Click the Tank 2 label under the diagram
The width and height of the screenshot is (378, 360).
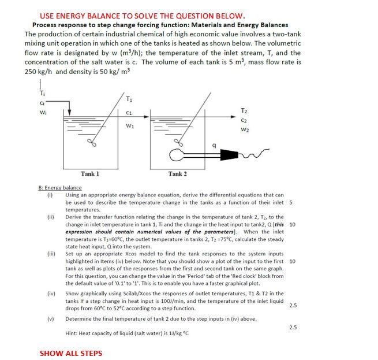coord(177,173)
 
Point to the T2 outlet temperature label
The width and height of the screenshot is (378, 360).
coord(244,110)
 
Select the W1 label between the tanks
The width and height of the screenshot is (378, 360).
coord(130,125)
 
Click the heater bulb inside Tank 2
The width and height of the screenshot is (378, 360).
coord(176,155)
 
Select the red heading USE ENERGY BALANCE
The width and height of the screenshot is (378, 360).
coord(142,16)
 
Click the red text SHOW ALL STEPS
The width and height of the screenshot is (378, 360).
coord(70,353)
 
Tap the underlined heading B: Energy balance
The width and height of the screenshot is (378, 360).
coord(60,187)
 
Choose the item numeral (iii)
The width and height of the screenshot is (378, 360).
coord(51,254)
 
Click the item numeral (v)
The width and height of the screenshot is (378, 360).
coord(51,318)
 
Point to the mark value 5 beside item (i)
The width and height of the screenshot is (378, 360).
coord(291,202)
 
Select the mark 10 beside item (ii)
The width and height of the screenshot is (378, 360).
coord(292,224)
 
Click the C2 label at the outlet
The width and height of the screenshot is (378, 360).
coord(244,121)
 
